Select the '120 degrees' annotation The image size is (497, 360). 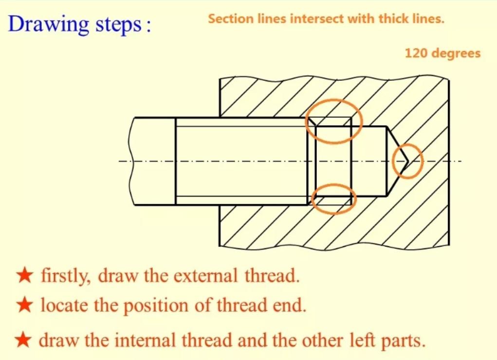tap(442, 53)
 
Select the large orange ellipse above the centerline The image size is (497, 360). tap(334, 121)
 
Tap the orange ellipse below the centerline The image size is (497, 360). tap(334, 199)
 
